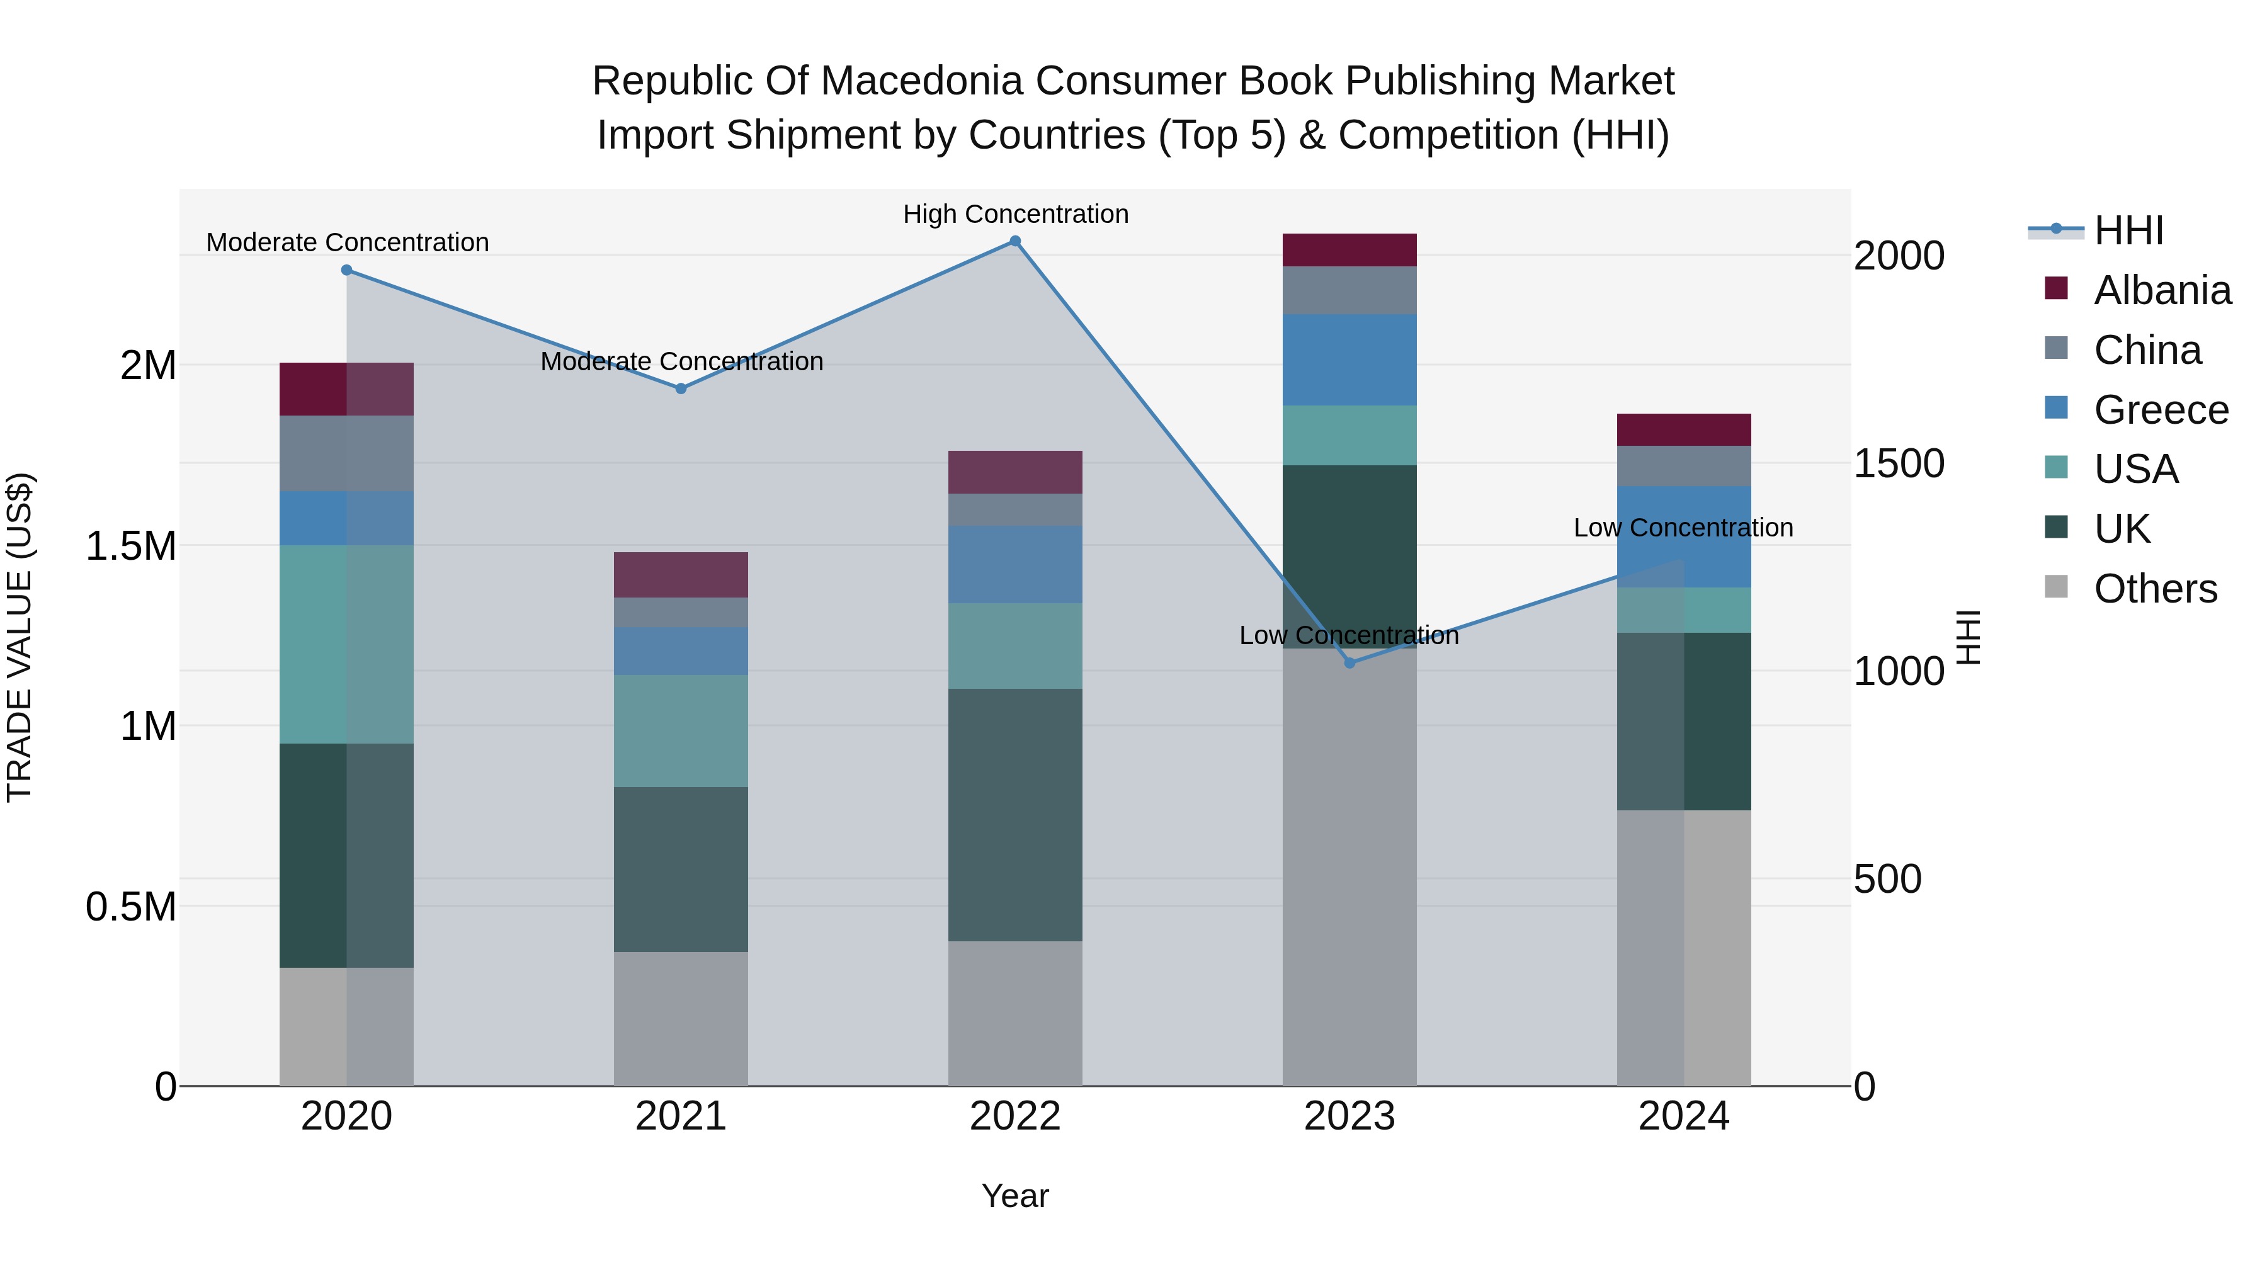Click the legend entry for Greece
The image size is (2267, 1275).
[2161, 410]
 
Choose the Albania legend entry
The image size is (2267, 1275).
[2161, 290]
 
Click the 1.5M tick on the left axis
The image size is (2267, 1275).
[130, 547]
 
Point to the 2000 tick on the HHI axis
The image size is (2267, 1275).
[1898, 256]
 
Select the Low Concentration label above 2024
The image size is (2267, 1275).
[1683, 528]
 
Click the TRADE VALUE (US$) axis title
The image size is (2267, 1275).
[20, 637]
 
